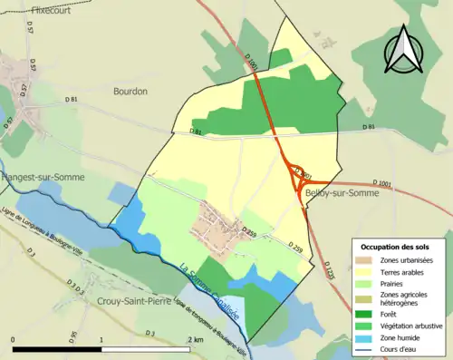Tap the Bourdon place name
pos(130,91)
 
